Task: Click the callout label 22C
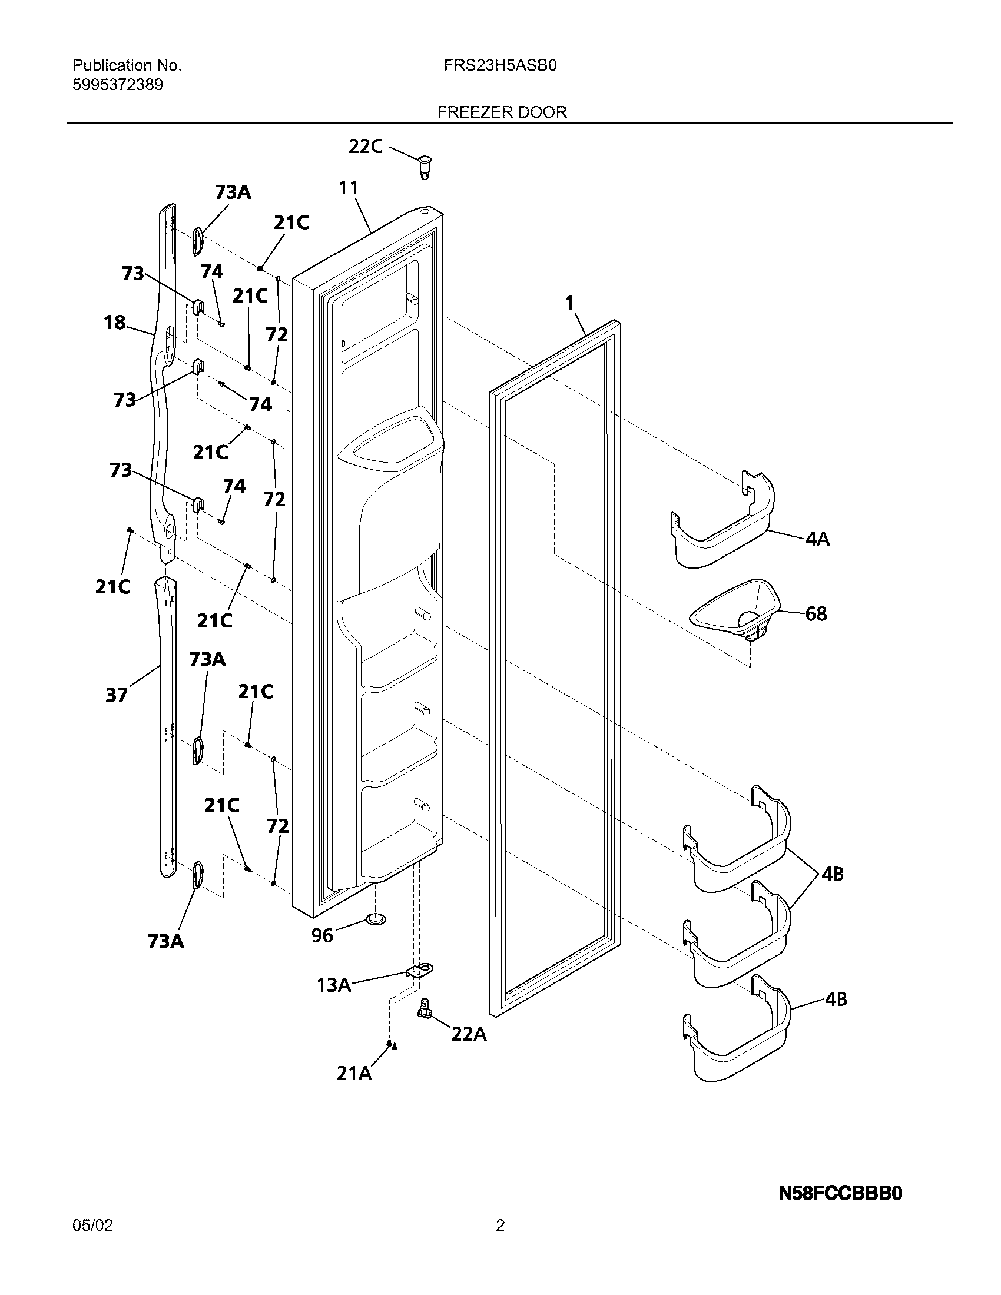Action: point(365,146)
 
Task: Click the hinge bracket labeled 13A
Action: point(420,971)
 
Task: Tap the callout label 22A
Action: point(469,1034)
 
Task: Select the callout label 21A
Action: point(354,1073)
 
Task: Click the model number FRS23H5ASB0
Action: point(500,65)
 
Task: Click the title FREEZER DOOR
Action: point(502,112)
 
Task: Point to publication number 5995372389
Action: point(117,85)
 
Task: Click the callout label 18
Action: point(114,322)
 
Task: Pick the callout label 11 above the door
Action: point(349,188)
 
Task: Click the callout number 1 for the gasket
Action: point(569,304)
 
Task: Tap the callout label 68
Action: point(816,613)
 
